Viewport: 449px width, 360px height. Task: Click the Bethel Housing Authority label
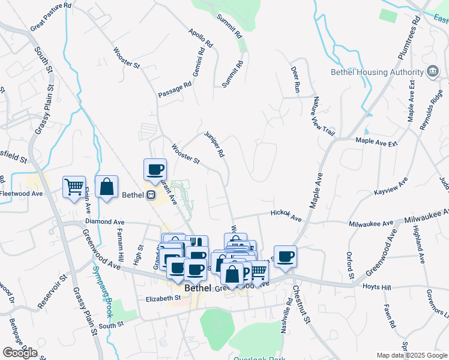tap(377, 73)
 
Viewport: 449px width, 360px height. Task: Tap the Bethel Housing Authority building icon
tap(432, 73)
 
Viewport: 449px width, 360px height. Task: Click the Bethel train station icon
tap(151, 194)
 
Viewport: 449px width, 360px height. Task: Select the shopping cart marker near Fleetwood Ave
tap(74, 187)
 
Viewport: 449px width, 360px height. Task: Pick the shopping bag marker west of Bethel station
tap(106, 187)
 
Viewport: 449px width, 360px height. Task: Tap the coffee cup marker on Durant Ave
tap(155, 170)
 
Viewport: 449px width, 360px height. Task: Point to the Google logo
tap(20, 352)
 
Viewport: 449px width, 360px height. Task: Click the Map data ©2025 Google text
tap(411, 355)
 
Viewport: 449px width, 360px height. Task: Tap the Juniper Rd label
tap(214, 145)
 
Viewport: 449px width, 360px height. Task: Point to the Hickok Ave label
tap(286, 215)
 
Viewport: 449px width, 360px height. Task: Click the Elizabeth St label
tap(163, 298)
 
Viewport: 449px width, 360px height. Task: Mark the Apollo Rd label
tap(200, 38)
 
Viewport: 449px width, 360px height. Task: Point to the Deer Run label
tap(295, 78)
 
